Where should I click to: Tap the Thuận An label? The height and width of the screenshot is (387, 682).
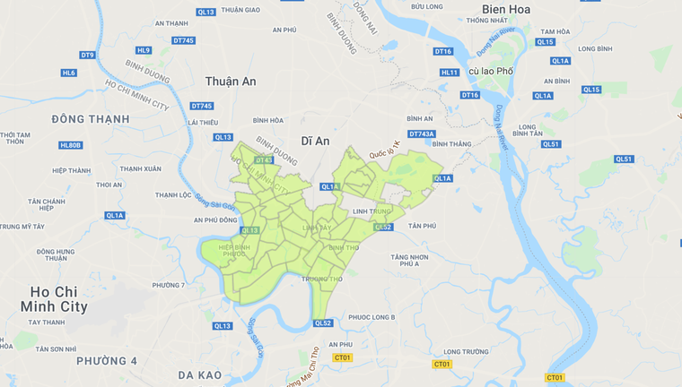coord(231,82)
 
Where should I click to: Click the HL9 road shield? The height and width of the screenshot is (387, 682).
coord(144,50)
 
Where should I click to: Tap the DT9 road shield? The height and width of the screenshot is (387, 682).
coord(87,55)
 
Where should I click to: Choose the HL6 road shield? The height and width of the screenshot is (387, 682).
coord(69,73)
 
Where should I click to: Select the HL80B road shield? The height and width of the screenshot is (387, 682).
coord(71,145)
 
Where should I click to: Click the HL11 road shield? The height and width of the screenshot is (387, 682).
coord(450,73)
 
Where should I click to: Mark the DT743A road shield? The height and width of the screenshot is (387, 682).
coord(422,133)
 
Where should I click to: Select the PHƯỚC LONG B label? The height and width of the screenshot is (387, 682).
coord(372,317)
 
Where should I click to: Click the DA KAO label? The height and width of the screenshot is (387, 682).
coord(199,374)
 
